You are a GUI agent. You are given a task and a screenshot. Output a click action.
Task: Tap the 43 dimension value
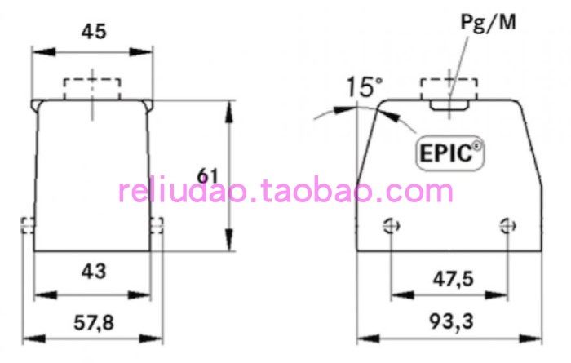pos(92,271)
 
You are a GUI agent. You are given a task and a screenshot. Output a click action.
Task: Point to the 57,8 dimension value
pos(92,321)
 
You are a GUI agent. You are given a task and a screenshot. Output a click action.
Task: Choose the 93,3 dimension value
pos(451,321)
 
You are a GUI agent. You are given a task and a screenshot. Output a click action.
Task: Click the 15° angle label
pos(363,86)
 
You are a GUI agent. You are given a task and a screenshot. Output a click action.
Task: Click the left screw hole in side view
pos(392,225)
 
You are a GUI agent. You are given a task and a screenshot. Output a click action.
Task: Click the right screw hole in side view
pos(510,225)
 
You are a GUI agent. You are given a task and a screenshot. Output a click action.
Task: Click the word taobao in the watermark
pos(314,193)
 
